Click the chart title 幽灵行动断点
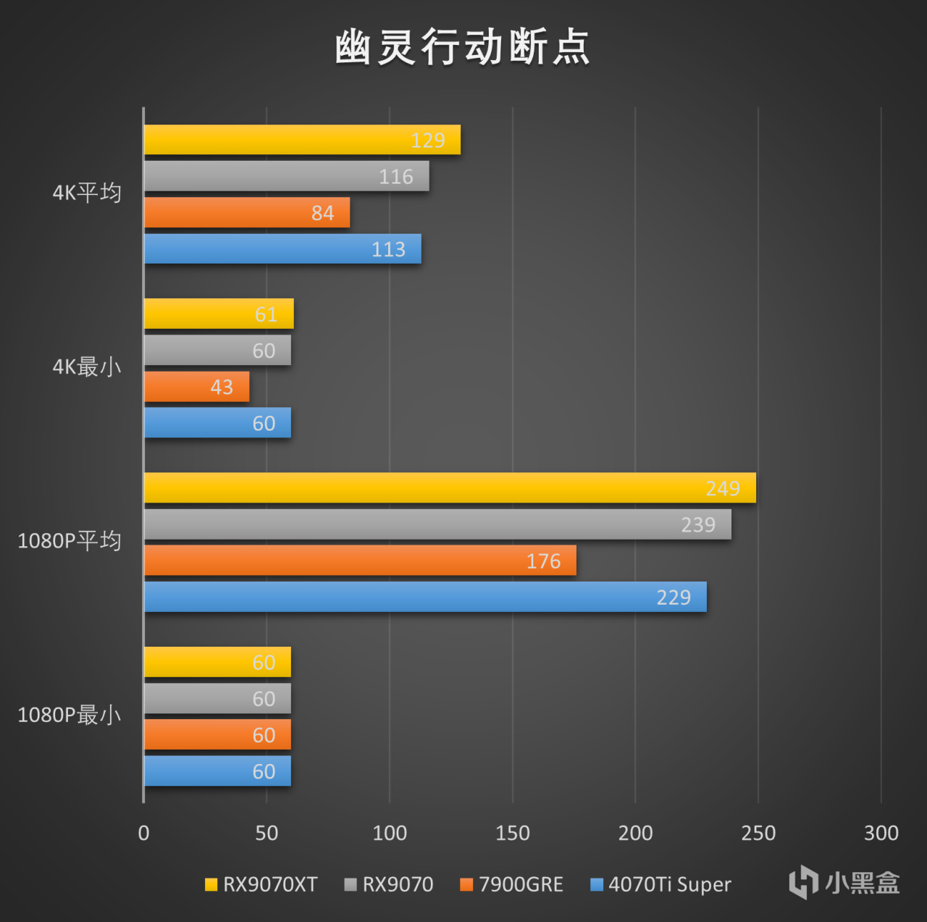click(x=462, y=48)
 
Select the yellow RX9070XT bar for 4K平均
click(x=302, y=140)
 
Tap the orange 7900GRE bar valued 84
click(x=247, y=212)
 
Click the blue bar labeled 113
click(x=282, y=248)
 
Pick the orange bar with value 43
click(x=197, y=387)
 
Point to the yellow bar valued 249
click(x=450, y=487)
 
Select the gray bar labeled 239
click(x=437, y=524)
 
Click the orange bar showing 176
click(x=360, y=561)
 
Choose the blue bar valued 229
click(x=425, y=597)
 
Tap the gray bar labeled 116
click(x=286, y=176)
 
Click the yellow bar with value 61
click(x=219, y=314)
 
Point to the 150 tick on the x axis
click(x=512, y=833)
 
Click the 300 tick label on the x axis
click(x=881, y=833)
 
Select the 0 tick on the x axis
click(x=143, y=833)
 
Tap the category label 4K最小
click(x=87, y=367)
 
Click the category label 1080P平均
click(x=70, y=541)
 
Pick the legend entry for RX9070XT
click(x=261, y=884)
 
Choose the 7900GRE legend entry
click(x=512, y=884)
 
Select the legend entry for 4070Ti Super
click(x=661, y=884)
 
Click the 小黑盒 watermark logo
click(x=844, y=883)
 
